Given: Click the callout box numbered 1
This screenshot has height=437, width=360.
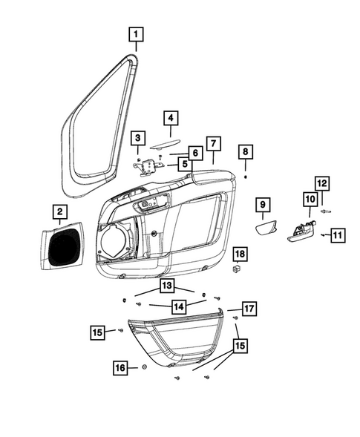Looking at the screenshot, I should (x=137, y=33).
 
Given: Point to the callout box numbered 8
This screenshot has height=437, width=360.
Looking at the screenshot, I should (x=245, y=151).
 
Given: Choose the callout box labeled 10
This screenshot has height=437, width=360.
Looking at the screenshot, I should (x=309, y=199).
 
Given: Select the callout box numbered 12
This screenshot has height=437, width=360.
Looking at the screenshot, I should (x=321, y=183).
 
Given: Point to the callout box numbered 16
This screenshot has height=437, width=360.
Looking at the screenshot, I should (x=121, y=367).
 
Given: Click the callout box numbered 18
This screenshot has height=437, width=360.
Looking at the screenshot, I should (x=239, y=254).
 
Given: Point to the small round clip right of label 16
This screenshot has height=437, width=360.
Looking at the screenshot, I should (x=144, y=367).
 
